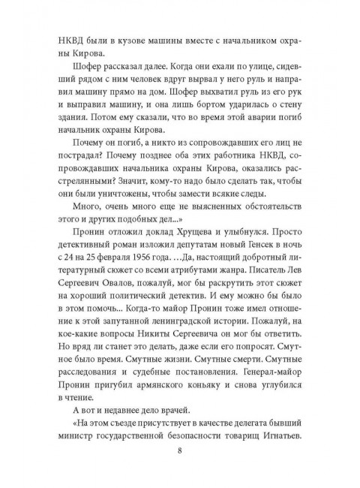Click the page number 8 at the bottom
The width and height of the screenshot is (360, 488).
[x=180, y=450]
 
